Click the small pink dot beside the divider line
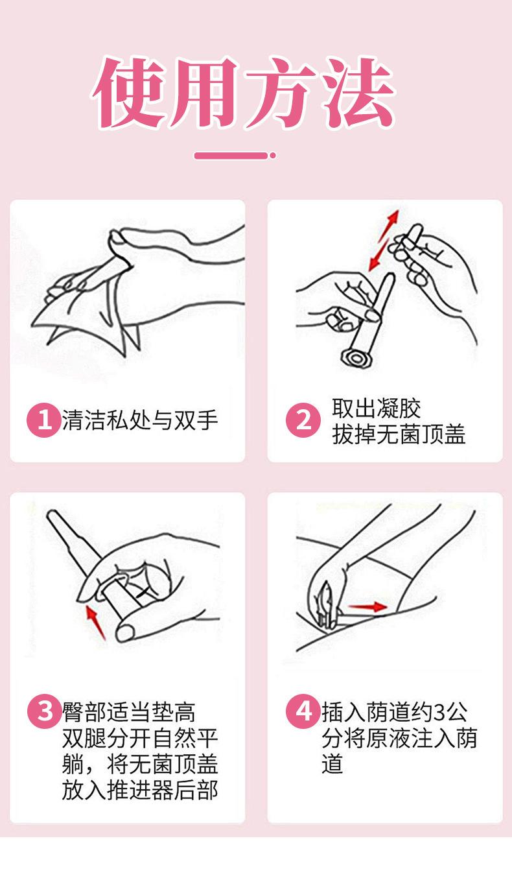[273, 156]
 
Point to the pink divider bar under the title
[231, 156]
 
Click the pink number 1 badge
[44, 420]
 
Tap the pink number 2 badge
[303, 420]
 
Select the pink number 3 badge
[44, 711]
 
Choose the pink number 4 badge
[303, 711]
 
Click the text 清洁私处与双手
[140, 420]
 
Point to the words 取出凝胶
[376, 408]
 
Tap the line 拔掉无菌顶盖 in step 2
[399, 434]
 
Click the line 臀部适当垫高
[129, 712]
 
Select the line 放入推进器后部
[140, 791]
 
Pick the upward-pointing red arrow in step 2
[389, 226]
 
